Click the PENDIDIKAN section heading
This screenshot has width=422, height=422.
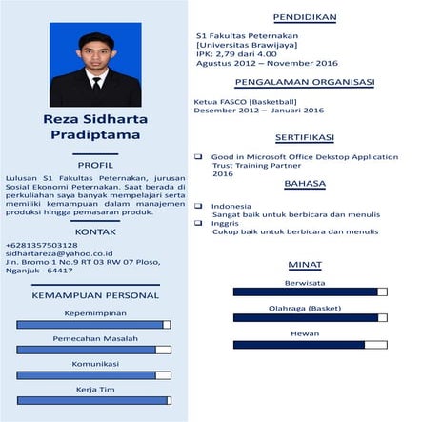[304, 18]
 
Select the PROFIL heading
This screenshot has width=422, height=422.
[94, 164]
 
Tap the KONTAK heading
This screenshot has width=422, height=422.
[94, 231]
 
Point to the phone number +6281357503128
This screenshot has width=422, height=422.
[41, 245]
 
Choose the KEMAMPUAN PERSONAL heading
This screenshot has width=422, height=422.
[94, 295]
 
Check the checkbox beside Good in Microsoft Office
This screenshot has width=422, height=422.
[198, 156]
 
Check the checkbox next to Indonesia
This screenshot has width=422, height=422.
[198, 206]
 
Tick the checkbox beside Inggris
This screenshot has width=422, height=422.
[198, 223]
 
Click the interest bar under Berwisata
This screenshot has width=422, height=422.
[310, 292]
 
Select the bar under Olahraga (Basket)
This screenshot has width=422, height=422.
[310, 318]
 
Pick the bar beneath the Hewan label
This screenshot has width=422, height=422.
[310, 344]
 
